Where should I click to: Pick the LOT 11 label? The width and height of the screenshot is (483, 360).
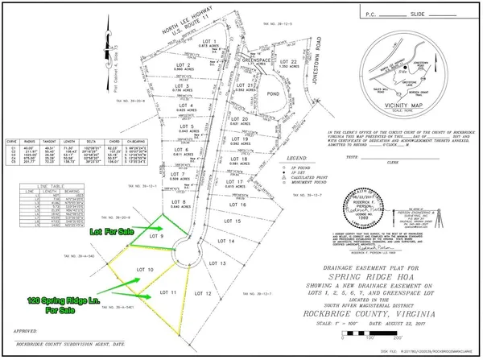click(168, 292)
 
